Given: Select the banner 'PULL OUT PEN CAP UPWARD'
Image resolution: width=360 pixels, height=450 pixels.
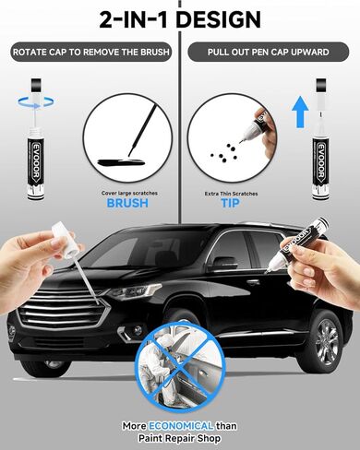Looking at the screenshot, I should (269, 52).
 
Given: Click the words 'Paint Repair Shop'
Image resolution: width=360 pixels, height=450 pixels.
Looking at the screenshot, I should (179, 439).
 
